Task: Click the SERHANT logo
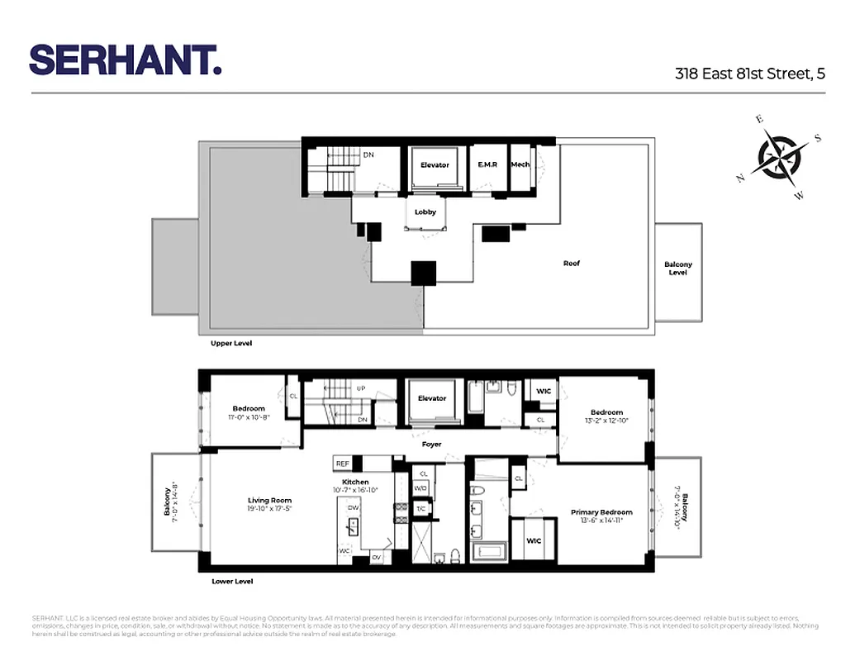126,59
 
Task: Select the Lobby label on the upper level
425,212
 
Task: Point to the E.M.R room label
487,165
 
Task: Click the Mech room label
520,164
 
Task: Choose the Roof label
572,264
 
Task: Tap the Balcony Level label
678,269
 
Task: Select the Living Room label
269,500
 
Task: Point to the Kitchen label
355,482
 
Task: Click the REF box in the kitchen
342,464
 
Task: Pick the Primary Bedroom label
601,512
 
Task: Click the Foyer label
431,445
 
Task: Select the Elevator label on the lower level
431,398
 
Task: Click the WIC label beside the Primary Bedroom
534,542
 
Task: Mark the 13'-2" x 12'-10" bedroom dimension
606,421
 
